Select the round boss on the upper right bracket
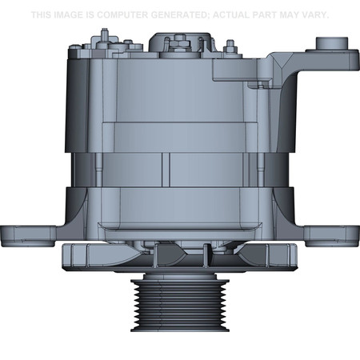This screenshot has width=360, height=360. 328,44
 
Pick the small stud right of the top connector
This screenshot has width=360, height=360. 230,46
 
